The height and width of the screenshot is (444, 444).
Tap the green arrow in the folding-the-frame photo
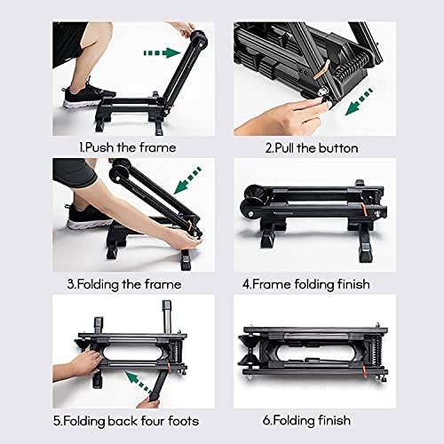[x=189, y=180]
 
